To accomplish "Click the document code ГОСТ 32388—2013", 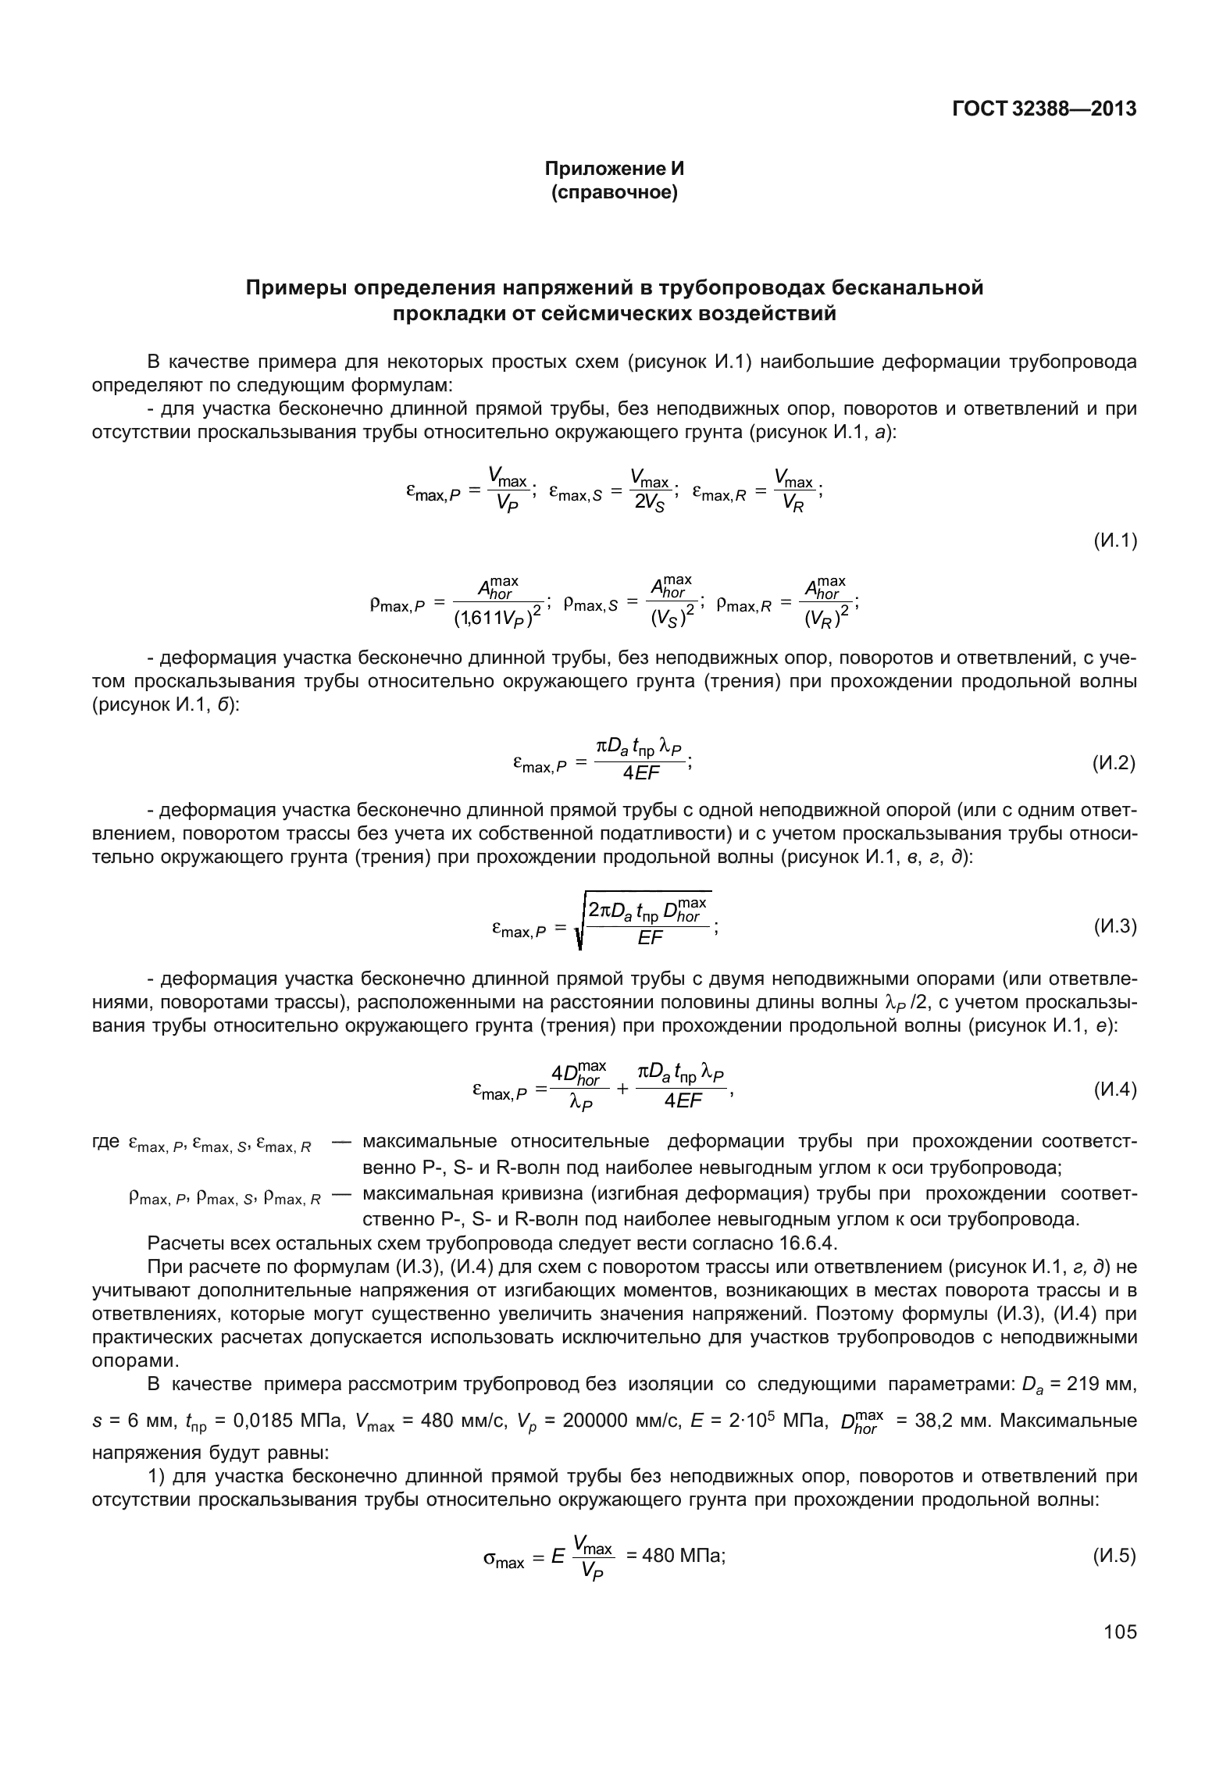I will (x=1044, y=110).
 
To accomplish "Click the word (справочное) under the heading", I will (x=614, y=191).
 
